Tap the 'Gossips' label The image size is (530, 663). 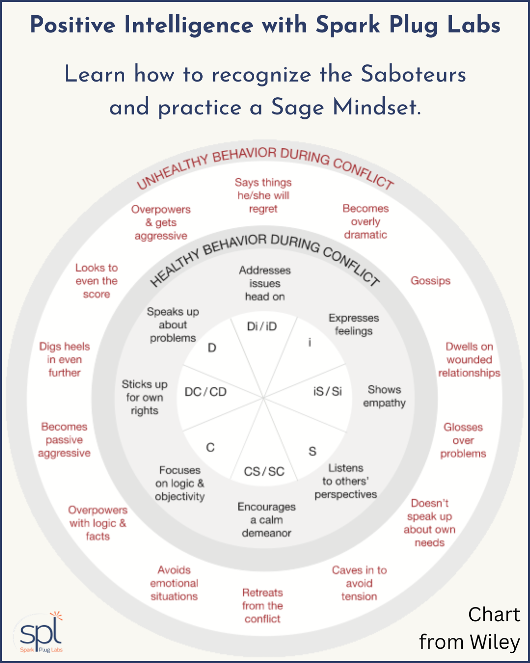click(x=430, y=281)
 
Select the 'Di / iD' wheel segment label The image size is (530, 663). click(x=262, y=327)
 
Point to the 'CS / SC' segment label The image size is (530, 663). click(x=264, y=471)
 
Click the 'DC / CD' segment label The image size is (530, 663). click(x=205, y=392)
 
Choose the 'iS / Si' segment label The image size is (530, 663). click(x=327, y=391)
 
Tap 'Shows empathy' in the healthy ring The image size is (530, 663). click(x=384, y=396)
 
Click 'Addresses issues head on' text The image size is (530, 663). click(x=265, y=283)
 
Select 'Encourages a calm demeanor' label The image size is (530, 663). click(x=266, y=520)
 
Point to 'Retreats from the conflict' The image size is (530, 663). click(x=263, y=606)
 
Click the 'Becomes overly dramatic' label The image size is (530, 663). click(x=366, y=221)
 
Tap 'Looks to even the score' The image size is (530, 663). click(x=97, y=281)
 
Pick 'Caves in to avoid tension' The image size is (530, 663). click(x=359, y=583)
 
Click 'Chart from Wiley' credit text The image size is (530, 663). click(x=470, y=629)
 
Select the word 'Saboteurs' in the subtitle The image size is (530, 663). click(x=413, y=75)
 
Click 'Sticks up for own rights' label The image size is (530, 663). click(x=145, y=397)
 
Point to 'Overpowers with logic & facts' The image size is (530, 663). click(x=98, y=523)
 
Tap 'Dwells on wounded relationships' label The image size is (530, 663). click(x=469, y=359)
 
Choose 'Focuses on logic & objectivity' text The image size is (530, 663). click(x=180, y=483)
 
